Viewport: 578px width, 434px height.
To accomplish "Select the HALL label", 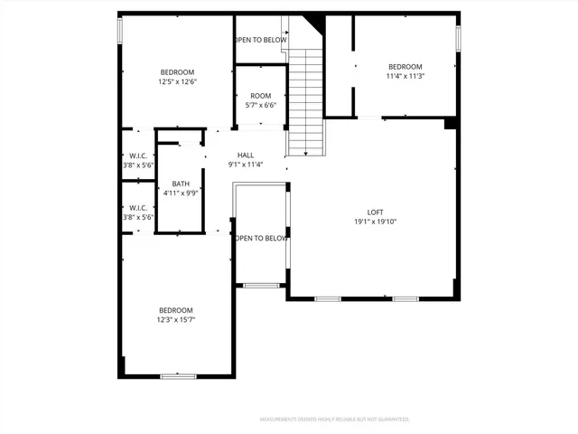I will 246,156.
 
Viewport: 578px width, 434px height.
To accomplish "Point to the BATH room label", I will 181,184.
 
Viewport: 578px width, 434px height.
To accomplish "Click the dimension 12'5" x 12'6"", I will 177,81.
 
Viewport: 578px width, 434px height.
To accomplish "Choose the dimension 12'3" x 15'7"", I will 176,319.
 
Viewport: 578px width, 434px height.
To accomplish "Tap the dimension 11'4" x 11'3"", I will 406,76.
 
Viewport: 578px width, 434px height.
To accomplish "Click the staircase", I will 305,99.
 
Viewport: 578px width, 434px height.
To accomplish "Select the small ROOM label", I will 261,96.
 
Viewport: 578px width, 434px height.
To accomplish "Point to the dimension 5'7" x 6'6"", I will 261,105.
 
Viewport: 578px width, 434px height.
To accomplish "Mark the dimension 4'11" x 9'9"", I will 181,193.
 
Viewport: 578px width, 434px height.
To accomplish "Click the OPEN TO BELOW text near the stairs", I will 261,40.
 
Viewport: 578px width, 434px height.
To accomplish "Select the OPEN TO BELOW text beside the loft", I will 261,239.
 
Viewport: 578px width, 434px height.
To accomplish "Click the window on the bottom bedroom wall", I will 178,375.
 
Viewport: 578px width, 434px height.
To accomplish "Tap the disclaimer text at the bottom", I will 334,420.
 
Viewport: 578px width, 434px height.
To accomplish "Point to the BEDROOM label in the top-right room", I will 406,67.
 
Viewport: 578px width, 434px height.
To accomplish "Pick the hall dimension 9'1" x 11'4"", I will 246,165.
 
